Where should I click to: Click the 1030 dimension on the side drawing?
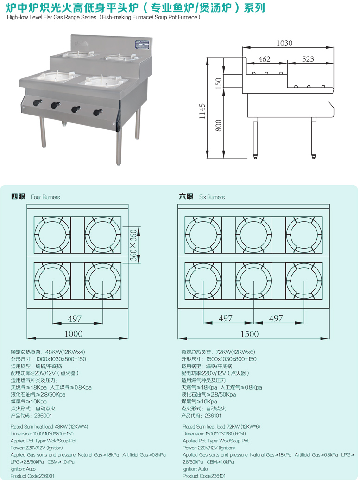click(284, 43)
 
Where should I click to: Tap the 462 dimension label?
click(264, 59)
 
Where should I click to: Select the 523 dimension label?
click(308, 59)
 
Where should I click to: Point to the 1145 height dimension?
click(202, 111)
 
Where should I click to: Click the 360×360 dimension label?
click(133, 245)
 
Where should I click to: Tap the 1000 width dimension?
click(73, 333)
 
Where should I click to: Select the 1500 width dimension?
click(250, 333)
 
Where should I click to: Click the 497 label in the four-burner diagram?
click(74, 319)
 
